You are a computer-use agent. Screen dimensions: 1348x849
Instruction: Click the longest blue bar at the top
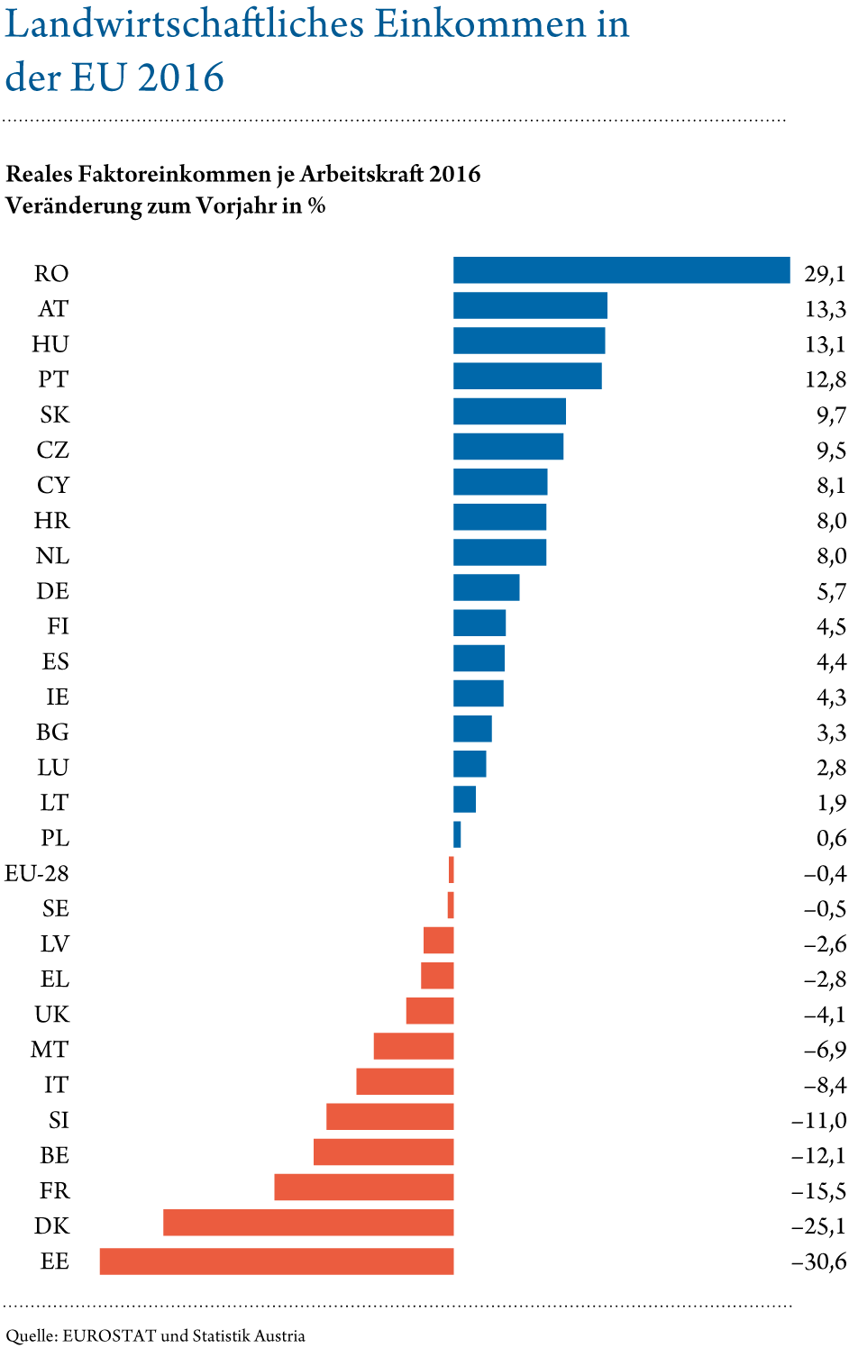click(621, 270)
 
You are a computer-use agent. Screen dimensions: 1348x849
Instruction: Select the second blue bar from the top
click(530, 305)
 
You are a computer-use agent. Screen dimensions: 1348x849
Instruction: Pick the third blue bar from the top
click(529, 341)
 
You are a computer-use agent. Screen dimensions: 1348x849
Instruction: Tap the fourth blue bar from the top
click(527, 376)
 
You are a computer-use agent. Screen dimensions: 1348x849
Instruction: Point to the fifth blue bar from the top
click(509, 411)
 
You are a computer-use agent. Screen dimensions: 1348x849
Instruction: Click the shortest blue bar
click(458, 834)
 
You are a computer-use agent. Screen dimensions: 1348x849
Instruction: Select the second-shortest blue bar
click(464, 799)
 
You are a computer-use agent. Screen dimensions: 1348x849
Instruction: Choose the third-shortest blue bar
click(470, 764)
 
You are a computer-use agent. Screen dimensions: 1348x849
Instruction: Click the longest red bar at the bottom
click(276, 1261)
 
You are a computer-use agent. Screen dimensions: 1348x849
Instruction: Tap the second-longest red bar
click(308, 1222)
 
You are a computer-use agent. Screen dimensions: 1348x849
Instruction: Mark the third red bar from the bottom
click(363, 1187)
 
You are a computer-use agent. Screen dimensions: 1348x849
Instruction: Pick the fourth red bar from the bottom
click(383, 1152)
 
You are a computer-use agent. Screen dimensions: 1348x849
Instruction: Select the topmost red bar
click(452, 870)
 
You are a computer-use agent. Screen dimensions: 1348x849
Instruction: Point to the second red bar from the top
click(451, 905)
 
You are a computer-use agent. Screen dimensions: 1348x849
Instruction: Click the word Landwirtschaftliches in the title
click(185, 25)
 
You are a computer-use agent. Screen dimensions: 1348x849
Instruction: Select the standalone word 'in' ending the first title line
click(616, 25)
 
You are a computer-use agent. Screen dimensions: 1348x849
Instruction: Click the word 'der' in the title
click(32, 79)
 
